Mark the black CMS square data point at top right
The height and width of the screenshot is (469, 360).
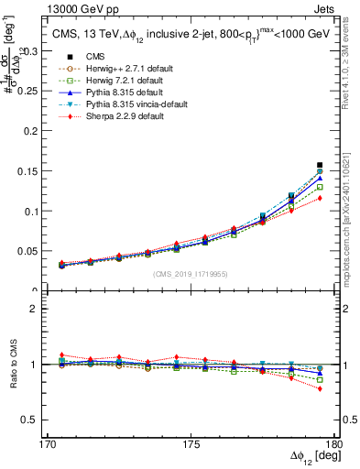[320, 165]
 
